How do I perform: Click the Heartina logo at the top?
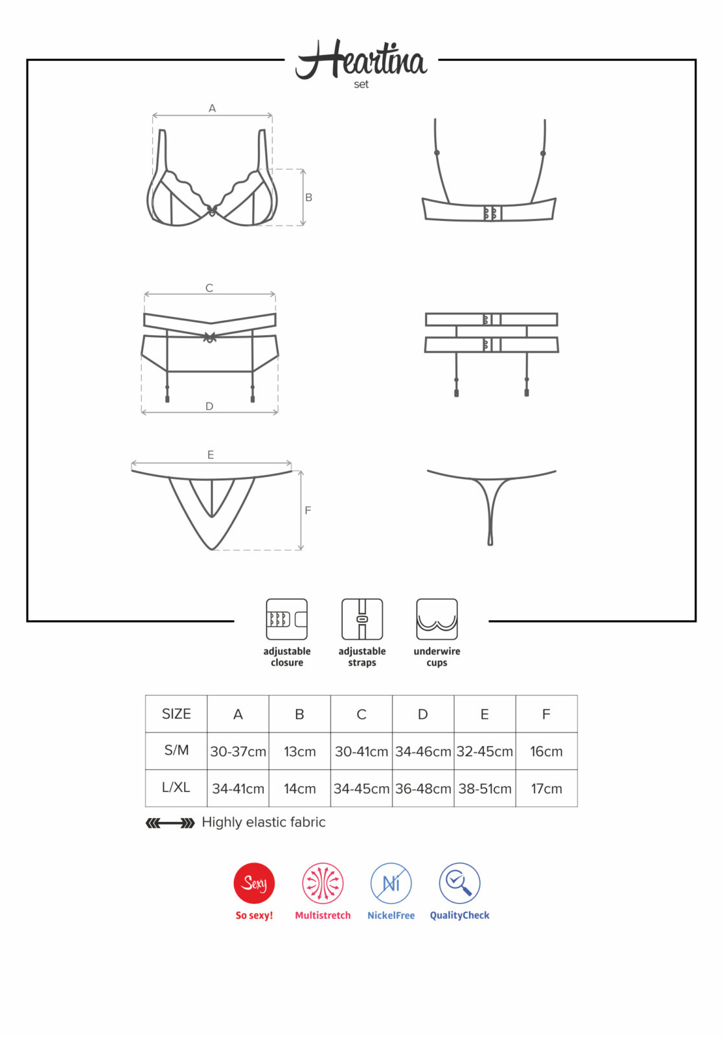[x=361, y=61]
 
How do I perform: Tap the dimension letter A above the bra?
[x=212, y=108]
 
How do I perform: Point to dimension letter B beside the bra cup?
[x=309, y=197]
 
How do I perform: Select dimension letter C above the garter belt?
[x=209, y=288]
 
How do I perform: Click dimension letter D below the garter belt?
[x=209, y=406]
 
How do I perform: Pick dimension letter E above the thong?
[x=211, y=455]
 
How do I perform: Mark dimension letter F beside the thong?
[x=308, y=511]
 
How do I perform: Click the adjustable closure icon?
[x=287, y=619]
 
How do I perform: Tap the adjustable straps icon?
[x=362, y=619]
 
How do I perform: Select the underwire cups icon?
[x=437, y=619]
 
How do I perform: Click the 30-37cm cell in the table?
[x=238, y=752]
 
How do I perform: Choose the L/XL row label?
[x=176, y=787]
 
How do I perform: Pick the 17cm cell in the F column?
[x=546, y=789]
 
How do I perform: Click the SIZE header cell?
[x=176, y=714]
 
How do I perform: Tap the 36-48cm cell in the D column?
[x=423, y=789]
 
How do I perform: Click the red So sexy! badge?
[x=254, y=883]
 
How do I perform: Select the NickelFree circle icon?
[x=391, y=883]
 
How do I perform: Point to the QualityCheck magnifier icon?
[x=459, y=883]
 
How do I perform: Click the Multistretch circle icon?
[x=323, y=883]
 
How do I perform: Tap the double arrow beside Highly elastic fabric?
[x=170, y=823]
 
